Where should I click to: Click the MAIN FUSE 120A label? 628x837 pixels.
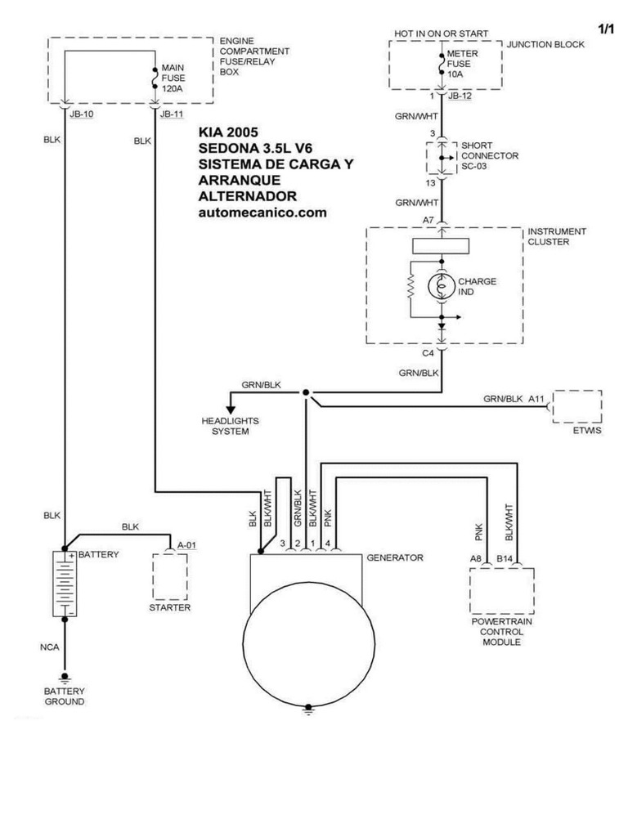(173, 78)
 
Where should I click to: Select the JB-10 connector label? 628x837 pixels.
(81, 114)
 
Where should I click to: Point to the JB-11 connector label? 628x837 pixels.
(172, 114)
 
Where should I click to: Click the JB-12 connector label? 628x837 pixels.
(460, 96)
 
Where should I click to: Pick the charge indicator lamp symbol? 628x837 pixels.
(442, 287)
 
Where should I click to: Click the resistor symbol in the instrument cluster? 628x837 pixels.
(410, 287)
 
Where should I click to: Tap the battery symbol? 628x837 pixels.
(65, 584)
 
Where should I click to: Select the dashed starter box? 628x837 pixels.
(170, 576)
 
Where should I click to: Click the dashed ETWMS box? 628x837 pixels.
(577, 407)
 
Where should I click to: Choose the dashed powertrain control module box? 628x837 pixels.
(502, 590)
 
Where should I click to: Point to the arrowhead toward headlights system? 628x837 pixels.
(231, 410)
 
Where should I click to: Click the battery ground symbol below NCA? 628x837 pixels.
(65, 678)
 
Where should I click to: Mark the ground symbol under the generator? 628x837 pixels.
(308, 709)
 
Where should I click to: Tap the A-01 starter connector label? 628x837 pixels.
(187, 545)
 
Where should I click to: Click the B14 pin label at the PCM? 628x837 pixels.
(505, 559)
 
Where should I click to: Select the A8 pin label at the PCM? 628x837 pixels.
(475, 559)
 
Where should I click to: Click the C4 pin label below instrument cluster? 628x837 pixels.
(428, 353)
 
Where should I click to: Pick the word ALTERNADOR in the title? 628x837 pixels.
(247, 196)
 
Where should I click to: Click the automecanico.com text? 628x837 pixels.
(262, 213)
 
